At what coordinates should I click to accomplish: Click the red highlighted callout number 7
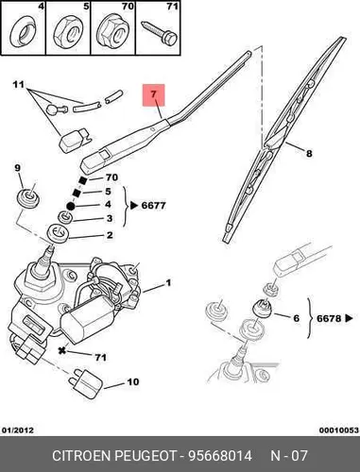click(153, 94)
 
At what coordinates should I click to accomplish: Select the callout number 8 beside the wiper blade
click(309, 154)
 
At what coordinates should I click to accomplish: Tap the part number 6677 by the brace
click(153, 206)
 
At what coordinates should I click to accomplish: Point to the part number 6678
click(329, 318)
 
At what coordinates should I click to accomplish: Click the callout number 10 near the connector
click(132, 382)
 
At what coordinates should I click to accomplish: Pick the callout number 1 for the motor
click(168, 283)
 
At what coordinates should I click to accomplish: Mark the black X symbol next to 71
click(62, 350)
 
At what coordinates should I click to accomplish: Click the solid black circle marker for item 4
click(70, 206)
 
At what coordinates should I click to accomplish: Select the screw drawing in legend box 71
click(159, 33)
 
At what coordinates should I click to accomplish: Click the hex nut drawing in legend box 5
click(68, 32)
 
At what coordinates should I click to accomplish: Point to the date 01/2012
click(18, 430)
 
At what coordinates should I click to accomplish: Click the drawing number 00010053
click(339, 430)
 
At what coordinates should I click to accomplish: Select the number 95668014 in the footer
click(220, 455)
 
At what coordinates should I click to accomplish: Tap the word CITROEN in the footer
click(81, 455)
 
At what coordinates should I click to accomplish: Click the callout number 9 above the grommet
click(17, 168)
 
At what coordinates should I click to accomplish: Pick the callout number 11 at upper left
click(19, 85)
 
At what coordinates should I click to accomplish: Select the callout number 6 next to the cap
click(296, 318)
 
